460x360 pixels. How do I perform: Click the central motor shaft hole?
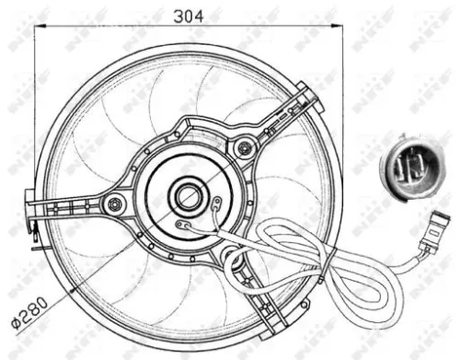click(x=190, y=196)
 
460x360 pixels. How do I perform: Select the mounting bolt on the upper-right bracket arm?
click(x=243, y=145)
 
